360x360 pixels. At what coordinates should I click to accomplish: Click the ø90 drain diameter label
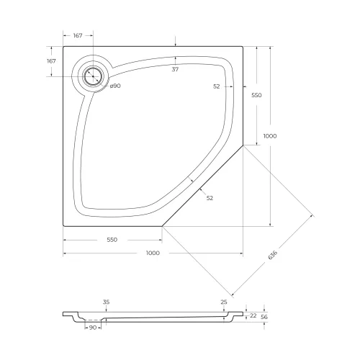pos(114,86)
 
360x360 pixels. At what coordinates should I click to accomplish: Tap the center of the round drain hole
pos(92,76)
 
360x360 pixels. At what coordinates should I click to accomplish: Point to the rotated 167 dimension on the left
pos(51,61)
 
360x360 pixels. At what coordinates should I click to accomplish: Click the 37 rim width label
pos(175,70)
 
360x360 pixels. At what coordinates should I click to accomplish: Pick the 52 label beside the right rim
pos(217,86)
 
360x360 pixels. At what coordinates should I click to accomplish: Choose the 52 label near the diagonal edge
pos(210,197)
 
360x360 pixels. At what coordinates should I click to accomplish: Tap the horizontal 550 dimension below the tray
pos(112,239)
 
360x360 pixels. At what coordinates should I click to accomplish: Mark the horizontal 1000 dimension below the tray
pos(153,253)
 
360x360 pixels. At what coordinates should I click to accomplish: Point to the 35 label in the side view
pos(106,302)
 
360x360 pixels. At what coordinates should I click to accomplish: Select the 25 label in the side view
pos(224,302)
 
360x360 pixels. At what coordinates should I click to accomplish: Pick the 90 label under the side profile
pos(92,328)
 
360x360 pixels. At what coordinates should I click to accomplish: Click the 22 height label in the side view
pos(253,315)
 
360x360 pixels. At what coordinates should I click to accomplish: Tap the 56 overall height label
pos(264,316)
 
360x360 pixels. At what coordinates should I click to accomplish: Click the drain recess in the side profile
pos(92,320)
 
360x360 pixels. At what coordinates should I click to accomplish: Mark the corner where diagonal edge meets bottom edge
pos(162,225)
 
